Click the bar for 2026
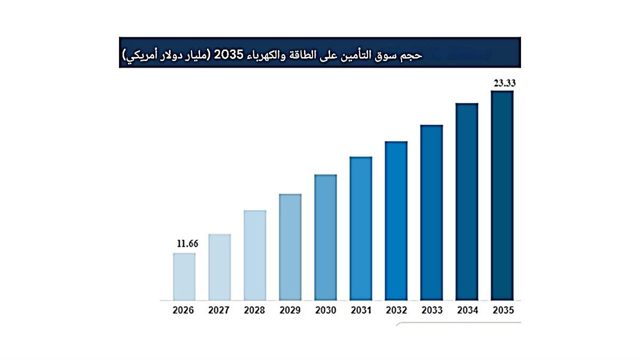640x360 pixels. point(184,276)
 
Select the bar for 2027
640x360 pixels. point(219,267)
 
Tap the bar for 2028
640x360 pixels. point(254,255)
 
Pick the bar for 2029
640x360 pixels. point(290,246)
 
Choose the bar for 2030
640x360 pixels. point(325,237)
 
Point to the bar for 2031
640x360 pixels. point(361,228)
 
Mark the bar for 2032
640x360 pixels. point(396,220)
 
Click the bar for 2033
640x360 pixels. point(431,212)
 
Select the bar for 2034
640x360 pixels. point(467,201)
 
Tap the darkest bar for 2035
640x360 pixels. point(502,195)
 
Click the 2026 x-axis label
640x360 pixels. point(183,310)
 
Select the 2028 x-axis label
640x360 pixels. point(254,310)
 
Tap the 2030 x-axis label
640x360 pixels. point(325,310)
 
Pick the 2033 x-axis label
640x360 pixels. point(431,310)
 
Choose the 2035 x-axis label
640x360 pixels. point(502,310)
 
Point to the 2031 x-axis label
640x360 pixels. point(361,310)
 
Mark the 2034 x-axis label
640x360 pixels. point(467,310)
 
